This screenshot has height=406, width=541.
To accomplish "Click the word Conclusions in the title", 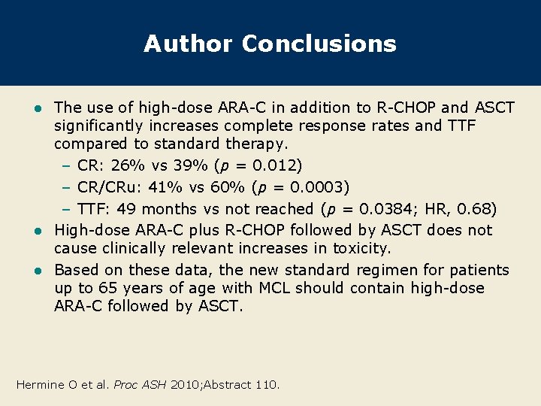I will [319, 44].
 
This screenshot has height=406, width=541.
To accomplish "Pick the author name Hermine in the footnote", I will [41, 384].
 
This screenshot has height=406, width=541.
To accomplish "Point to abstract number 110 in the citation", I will [266, 384].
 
